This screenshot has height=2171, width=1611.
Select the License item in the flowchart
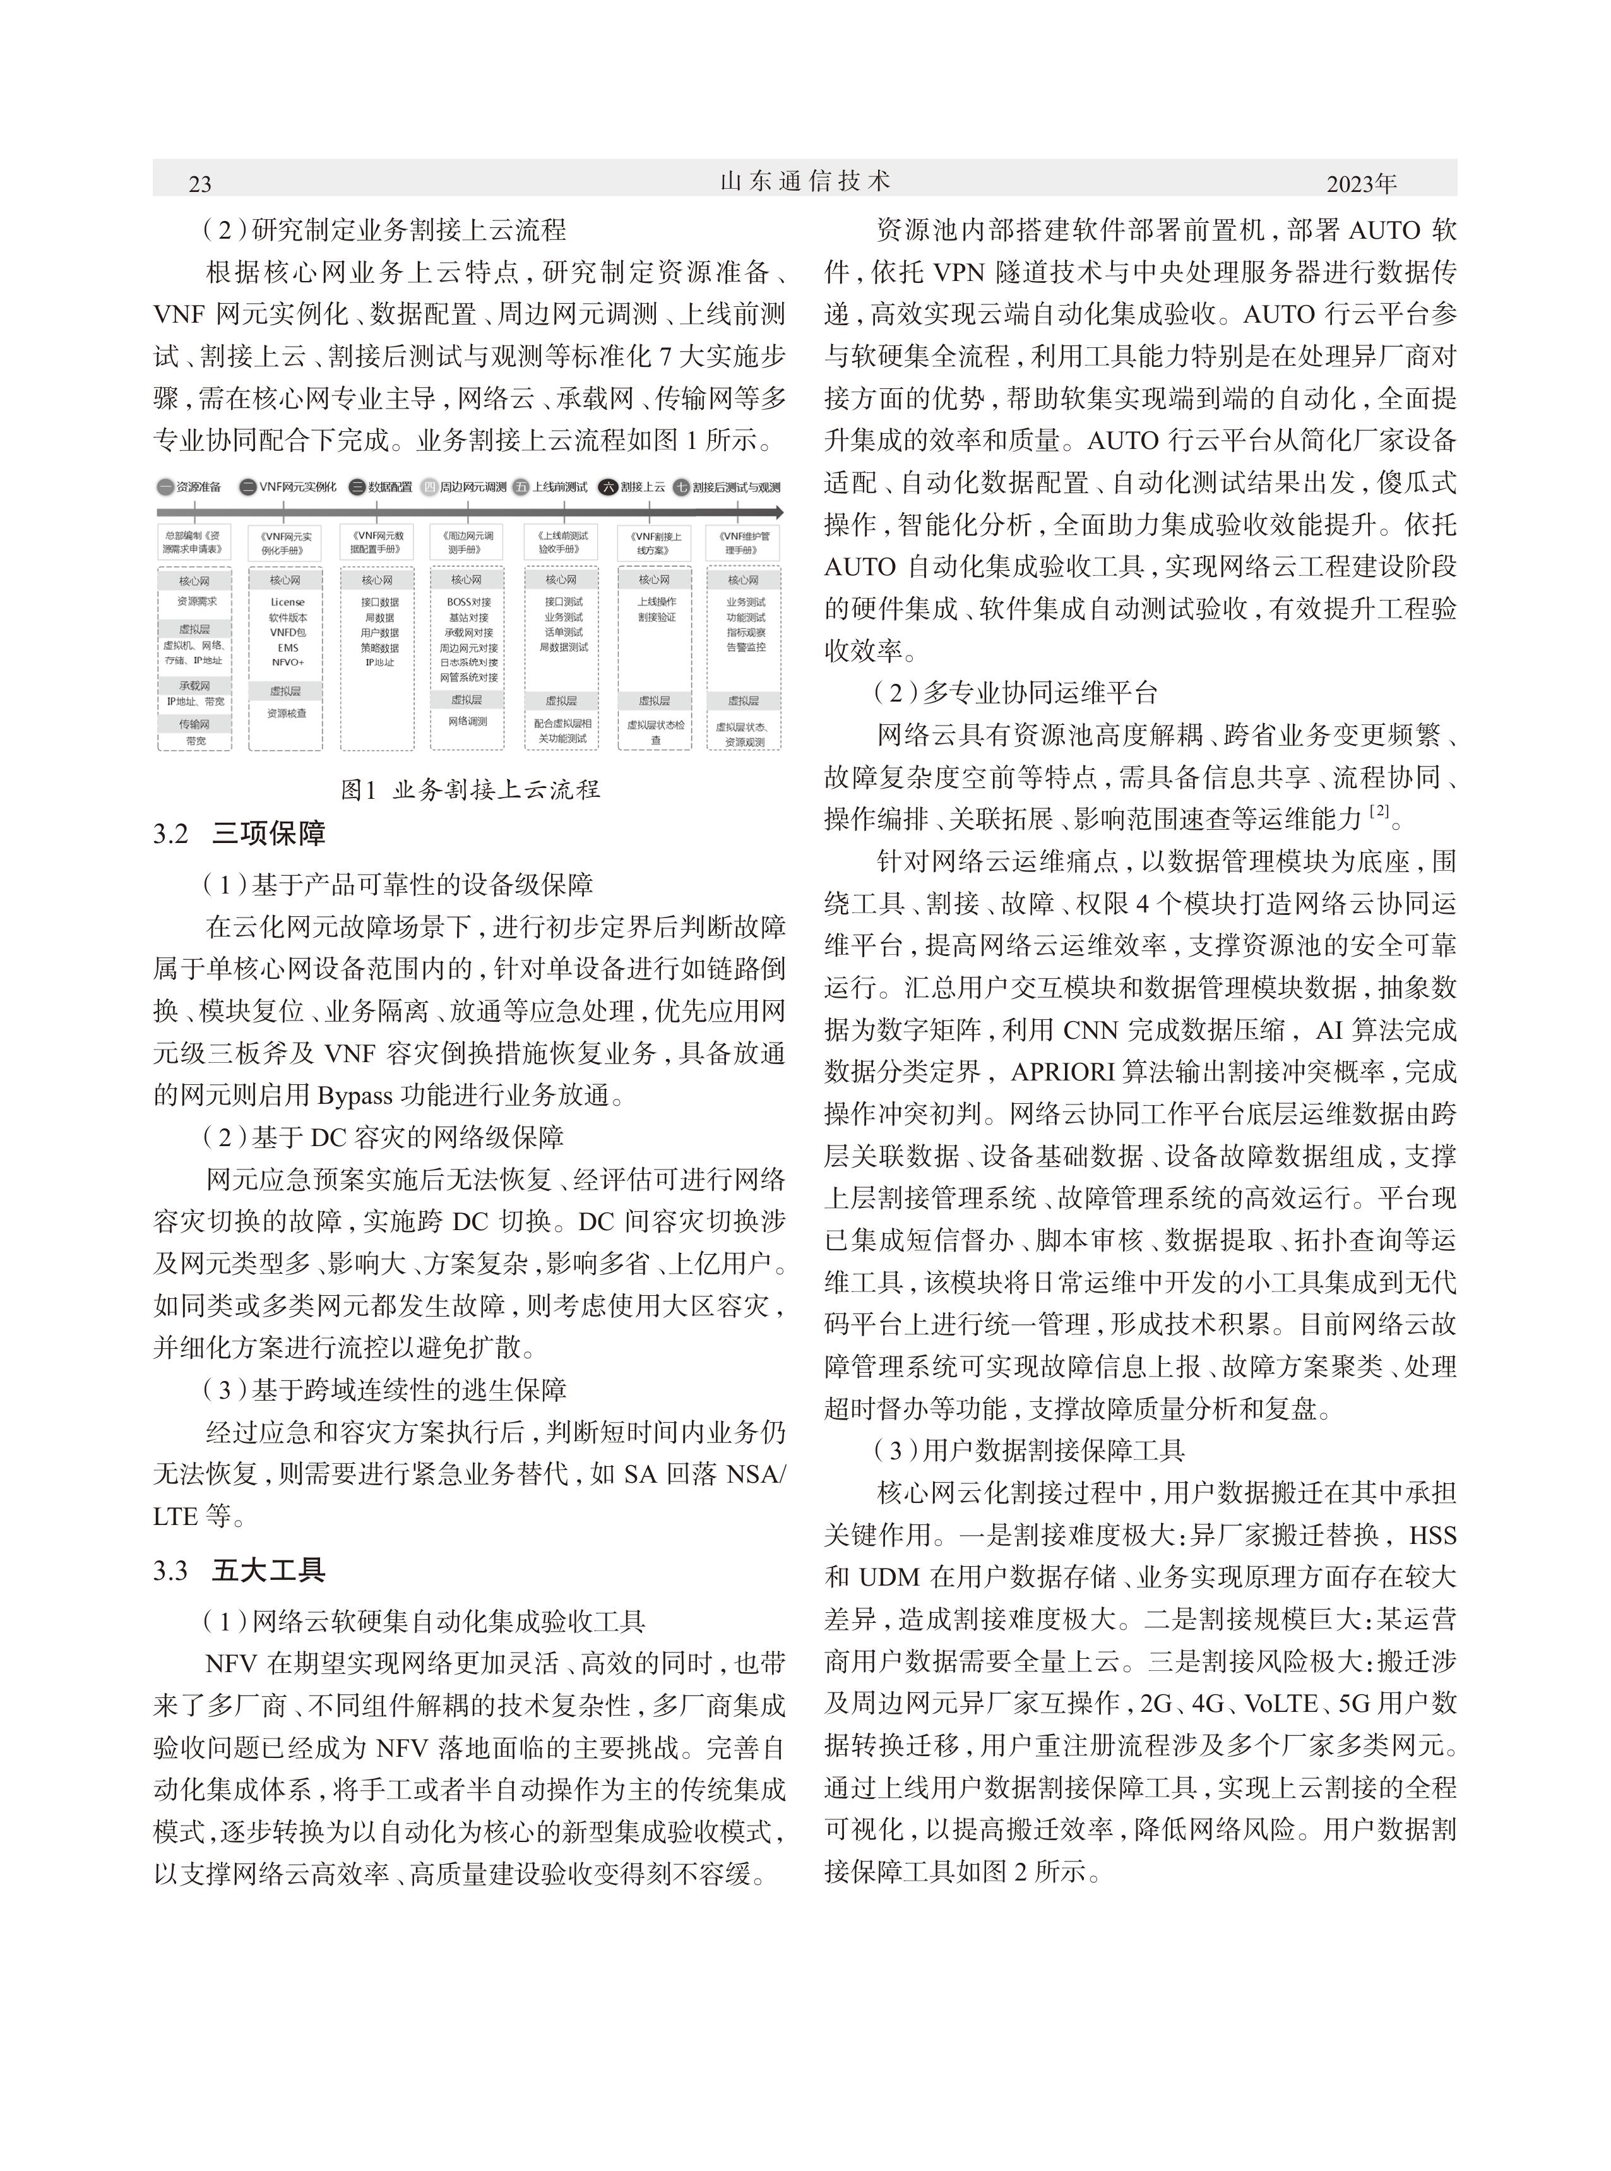288,602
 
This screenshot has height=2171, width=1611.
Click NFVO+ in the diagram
288,663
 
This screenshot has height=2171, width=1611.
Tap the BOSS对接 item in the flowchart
469,602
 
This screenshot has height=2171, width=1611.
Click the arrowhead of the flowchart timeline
777,511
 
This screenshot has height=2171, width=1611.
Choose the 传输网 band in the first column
194,724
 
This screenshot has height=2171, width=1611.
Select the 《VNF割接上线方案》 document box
655,543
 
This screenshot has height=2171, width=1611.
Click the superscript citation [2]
1379,810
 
